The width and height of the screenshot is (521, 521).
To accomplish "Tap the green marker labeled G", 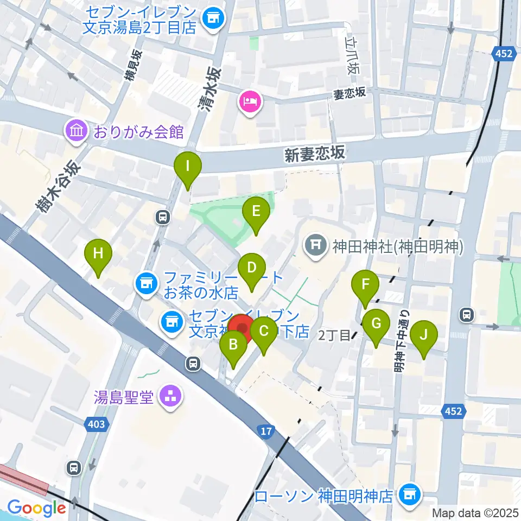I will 376,325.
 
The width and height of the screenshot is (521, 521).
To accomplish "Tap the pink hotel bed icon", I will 250,101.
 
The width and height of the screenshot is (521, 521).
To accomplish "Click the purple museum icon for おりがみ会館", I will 75,131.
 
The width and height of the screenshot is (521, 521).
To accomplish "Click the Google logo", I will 36,508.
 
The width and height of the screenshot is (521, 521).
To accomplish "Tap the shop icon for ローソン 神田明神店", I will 408,495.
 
